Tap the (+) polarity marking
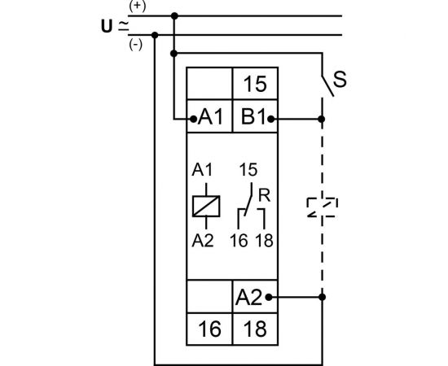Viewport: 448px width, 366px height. click(x=136, y=7)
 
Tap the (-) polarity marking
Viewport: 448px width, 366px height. click(x=135, y=45)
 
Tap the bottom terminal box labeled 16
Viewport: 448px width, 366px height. click(x=209, y=329)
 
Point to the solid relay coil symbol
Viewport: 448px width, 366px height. click(x=203, y=206)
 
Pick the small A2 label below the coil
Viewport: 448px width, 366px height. click(x=203, y=240)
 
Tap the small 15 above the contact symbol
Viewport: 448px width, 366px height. click(x=249, y=172)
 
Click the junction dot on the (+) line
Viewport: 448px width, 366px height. click(x=175, y=15)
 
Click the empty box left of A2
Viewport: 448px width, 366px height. click(x=209, y=298)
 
